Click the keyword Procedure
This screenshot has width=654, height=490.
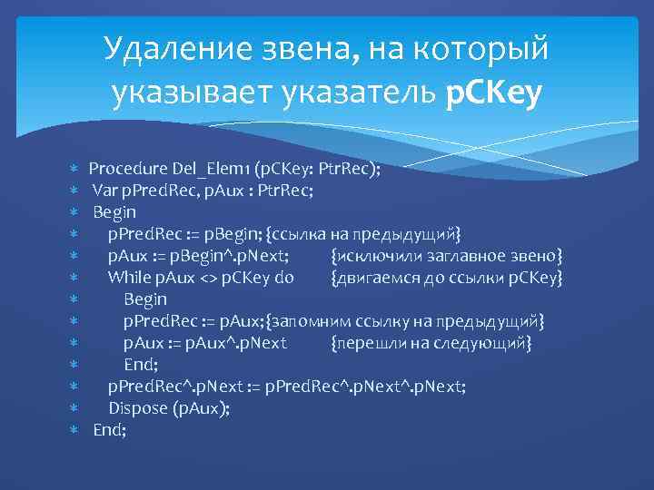pyautogui.click(x=127, y=169)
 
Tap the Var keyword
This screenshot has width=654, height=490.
pyautogui.click(x=104, y=191)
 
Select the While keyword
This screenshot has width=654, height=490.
pyautogui.click(x=130, y=278)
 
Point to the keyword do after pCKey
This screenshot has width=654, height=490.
pyautogui.click(x=282, y=278)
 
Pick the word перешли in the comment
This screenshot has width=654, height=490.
pyautogui.click(x=367, y=343)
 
